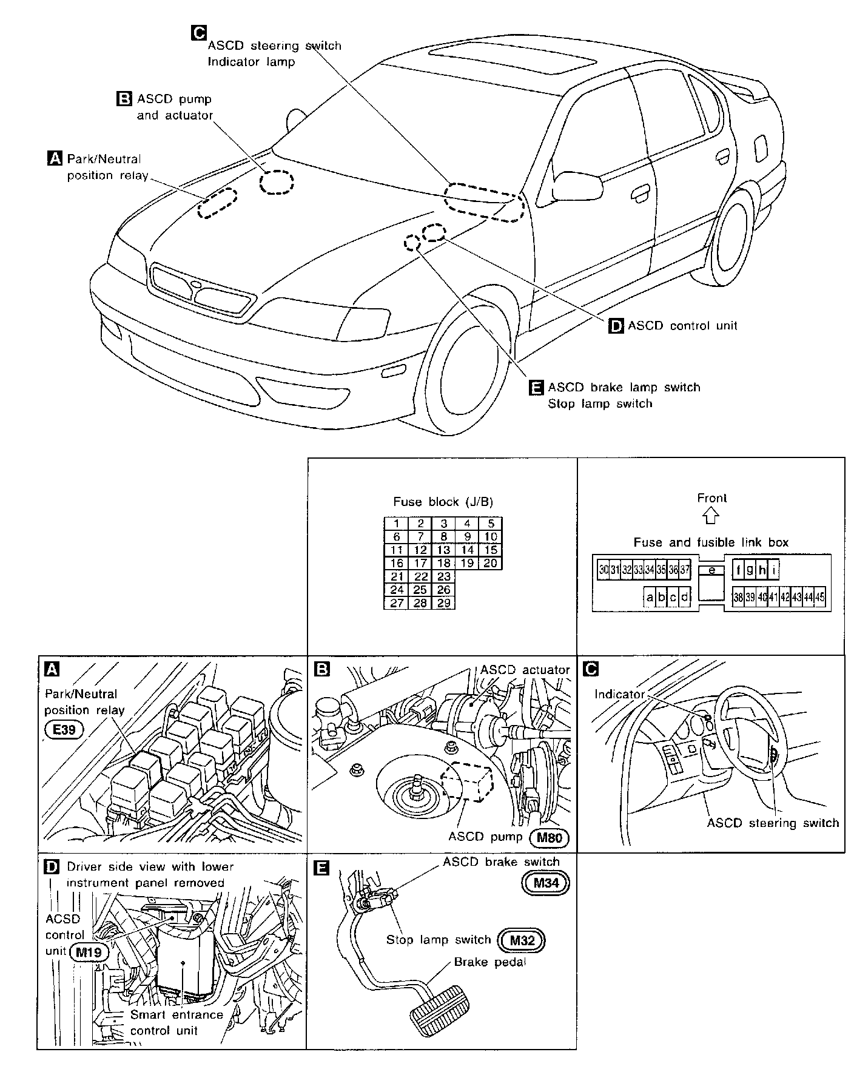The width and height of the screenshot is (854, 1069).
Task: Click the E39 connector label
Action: point(64,730)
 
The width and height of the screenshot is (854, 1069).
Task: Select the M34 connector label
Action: point(545,883)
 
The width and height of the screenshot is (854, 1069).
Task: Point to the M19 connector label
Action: point(89,951)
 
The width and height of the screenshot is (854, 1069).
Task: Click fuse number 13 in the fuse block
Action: point(443,550)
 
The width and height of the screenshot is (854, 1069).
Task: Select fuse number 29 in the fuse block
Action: point(443,603)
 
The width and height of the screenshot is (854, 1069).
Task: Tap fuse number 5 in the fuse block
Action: point(491,524)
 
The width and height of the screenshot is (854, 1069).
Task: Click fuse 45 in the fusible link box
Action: point(820,597)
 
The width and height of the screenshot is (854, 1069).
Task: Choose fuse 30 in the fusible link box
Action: point(603,570)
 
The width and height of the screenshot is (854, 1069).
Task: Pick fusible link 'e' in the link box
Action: point(711,570)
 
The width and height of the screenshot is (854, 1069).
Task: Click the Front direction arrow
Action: point(711,516)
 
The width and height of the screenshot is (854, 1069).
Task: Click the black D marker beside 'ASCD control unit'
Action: point(616,326)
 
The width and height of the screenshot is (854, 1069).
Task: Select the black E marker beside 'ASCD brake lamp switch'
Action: point(536,388)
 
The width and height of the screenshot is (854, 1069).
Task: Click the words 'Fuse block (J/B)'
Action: point(443,502)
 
